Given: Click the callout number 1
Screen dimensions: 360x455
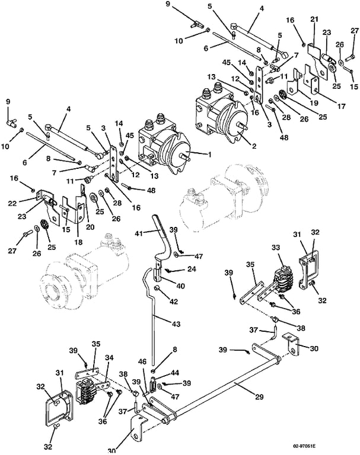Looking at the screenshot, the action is [209, 154].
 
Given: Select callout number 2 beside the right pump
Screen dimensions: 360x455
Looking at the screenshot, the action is [254, 146].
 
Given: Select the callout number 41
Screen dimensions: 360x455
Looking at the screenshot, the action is [140, 233].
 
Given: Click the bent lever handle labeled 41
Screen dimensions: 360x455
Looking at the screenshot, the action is [162, 236].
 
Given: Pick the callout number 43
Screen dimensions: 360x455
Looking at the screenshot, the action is [176, 324].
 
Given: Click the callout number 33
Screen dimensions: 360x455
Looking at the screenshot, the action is [276, 248].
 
